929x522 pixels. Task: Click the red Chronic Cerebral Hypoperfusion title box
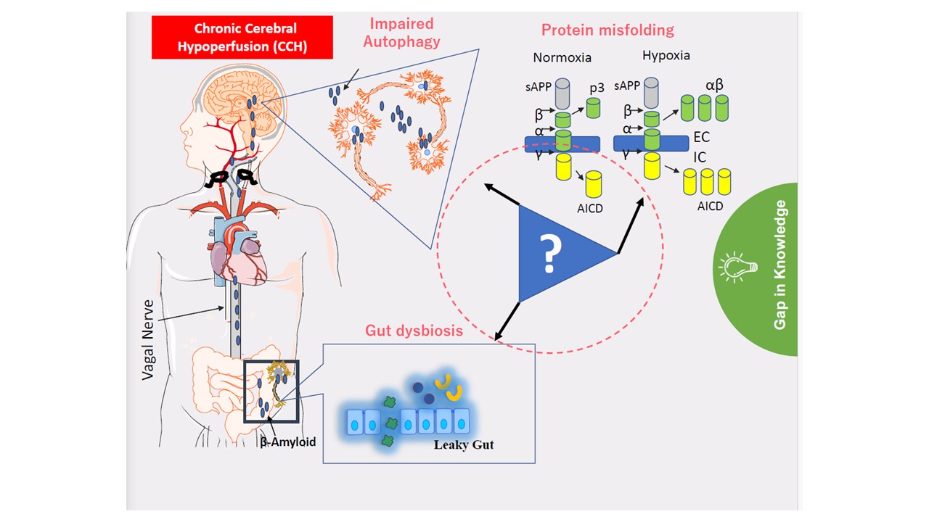242,38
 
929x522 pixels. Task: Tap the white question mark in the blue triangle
551,253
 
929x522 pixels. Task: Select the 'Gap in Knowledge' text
780,265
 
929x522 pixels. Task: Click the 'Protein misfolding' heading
607,30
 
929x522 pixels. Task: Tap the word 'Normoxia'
562,57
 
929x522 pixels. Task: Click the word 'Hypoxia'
666,56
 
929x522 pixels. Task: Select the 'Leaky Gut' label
464,444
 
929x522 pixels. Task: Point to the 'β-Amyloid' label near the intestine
288,441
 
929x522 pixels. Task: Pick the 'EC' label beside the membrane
701,137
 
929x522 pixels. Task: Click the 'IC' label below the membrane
700,157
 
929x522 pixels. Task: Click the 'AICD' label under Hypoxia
710,206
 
